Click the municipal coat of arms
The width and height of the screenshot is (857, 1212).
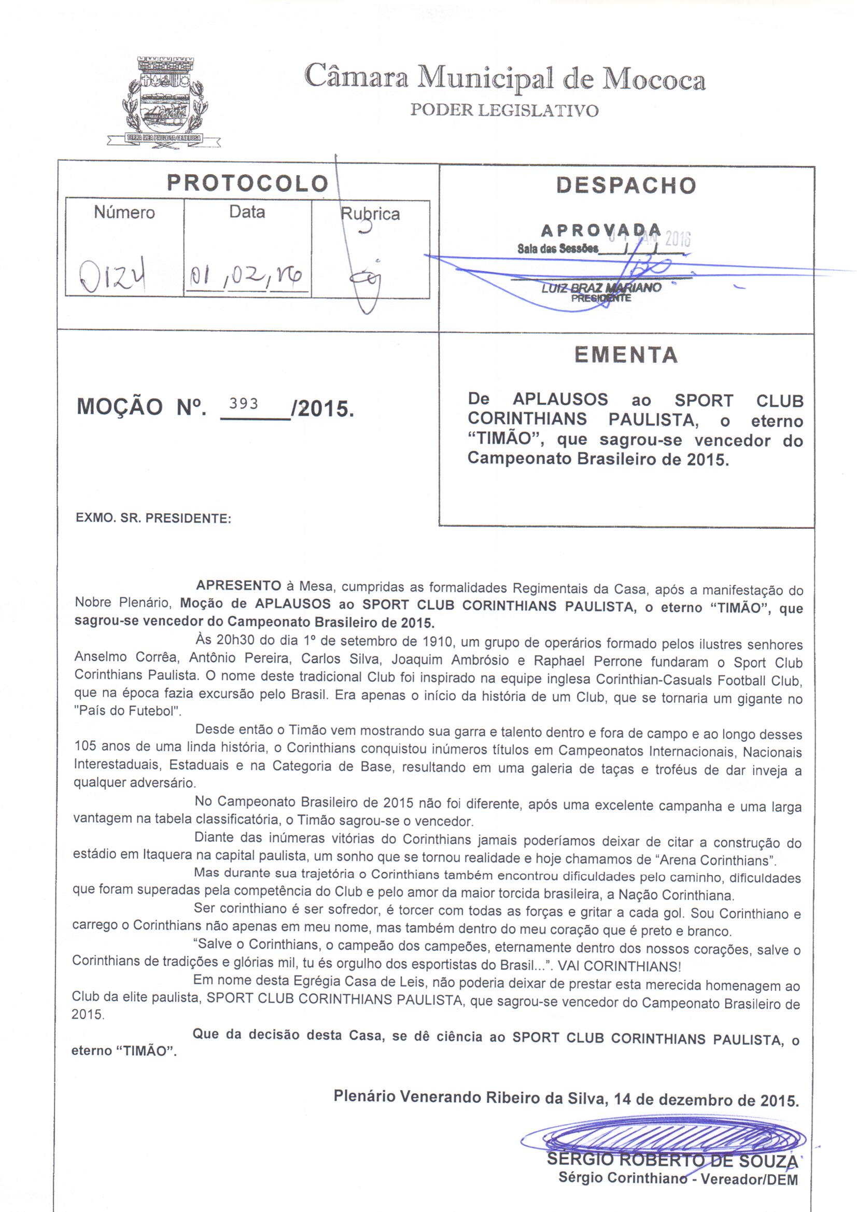pyautogui.click(x=164, y=103)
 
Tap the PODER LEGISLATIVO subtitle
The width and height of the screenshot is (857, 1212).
pyautogui.click(x=504, y=110)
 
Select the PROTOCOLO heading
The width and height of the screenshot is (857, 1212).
pyautogui.click(x=248, y=183)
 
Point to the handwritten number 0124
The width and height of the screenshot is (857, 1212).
pyautogui.click(x=113, y=276)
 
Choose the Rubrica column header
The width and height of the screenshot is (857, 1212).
pyautogui.click(x=370, y=214)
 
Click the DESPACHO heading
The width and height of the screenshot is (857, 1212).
pyautogui.click(x=626, y=185)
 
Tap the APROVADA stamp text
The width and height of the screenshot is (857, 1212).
pyautogui.click(x=601, y=230)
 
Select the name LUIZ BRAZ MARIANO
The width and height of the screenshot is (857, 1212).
pyautogui.click(x=601, y=288)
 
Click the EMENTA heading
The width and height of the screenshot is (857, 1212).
pyautogui.click(x=626, y=355)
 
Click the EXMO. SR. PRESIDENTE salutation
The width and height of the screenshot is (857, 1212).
pyautogui.click(x=153, y=518)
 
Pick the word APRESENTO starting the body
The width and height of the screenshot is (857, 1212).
pyautogui.click(x=238, y=585)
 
